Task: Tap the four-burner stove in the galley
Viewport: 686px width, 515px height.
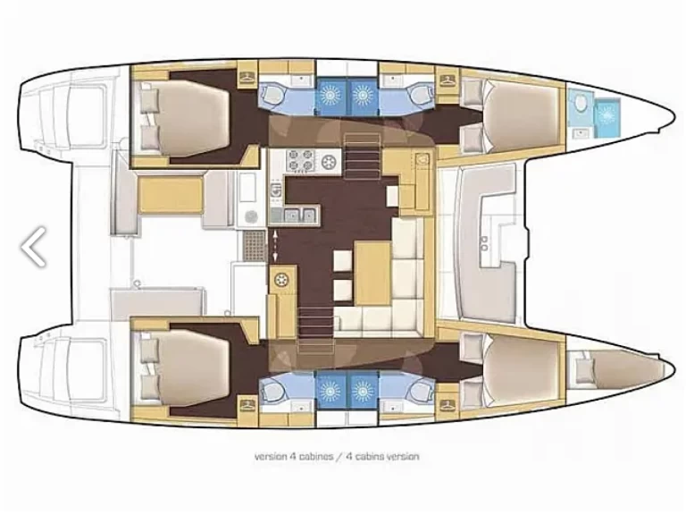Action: click(298, 163)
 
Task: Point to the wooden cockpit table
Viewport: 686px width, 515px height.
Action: click(170, 193)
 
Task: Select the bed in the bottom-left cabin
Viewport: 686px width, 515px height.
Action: click(184, 367)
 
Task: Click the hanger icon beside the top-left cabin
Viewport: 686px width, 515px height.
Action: click(247, 78)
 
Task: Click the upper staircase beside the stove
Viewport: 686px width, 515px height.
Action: click(359, 162)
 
